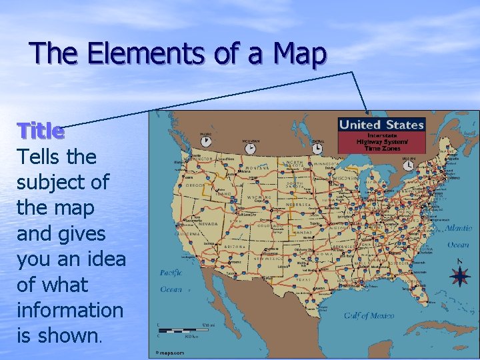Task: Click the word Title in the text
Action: pyautogui.click(x=41, y=131)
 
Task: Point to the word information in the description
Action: pyautogui.click(x=70, y=310)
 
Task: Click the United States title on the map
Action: pyautogui.click(x=381, y=125)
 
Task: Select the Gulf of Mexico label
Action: pyautogui.click(x=370, y=315)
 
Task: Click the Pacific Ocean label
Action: pyautogui.click(x=171, y=281)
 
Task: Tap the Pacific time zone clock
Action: pyautogui.click(x=205, y=141)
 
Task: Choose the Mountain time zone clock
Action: pyautogui.click(x=251, y=147)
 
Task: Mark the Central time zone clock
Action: pyautogui.click(x=317, y=147)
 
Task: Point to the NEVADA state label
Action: pyautogui.click(x=207, y=225)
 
